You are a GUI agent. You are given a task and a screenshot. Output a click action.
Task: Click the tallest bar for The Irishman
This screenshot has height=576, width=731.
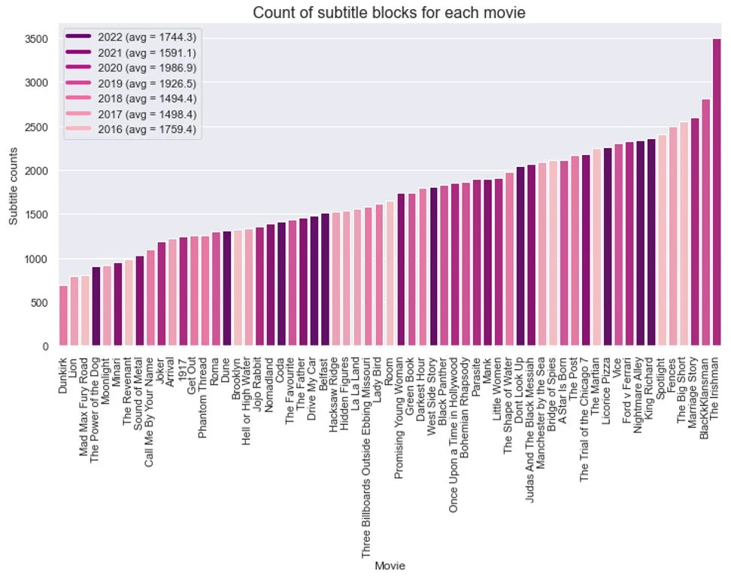[x=716, y=193]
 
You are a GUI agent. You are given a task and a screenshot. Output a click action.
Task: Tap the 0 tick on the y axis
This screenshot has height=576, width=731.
[x=46, y=347]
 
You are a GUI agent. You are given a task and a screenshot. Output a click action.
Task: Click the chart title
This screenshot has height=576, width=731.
[x=389, y=12]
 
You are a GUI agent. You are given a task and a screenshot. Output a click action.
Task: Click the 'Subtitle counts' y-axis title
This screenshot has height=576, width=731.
[x=13, y=185]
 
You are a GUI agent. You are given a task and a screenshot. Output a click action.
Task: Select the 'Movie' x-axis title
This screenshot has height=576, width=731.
[x=390, y=566]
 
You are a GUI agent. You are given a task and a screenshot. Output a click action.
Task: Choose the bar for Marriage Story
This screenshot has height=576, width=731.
[x=694, y=232]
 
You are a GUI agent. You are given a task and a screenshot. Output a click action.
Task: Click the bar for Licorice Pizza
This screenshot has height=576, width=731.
[x=607, y=247]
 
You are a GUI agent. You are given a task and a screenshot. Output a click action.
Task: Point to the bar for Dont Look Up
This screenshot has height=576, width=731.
[x=520, y=256]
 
